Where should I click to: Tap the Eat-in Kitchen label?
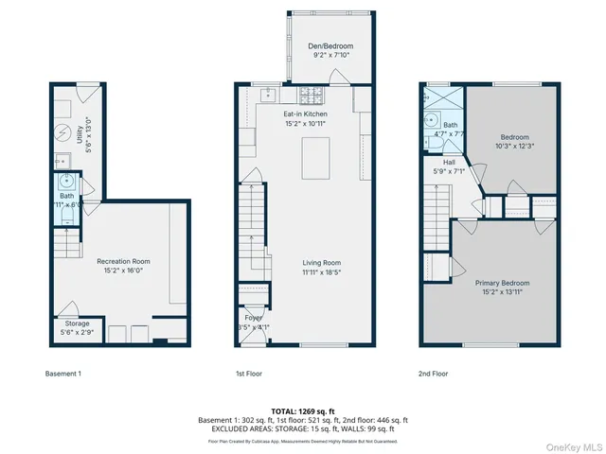[x=306, y=113]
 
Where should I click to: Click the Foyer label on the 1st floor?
[x=254, y=319]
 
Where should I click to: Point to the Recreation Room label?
[x=123, y=261]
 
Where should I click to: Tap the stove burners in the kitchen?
[x=312, y=95]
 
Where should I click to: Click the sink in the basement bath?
[x=68, y=182]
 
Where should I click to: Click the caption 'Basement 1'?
[x=64, y=374]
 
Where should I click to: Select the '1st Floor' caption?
[x=249, y=374]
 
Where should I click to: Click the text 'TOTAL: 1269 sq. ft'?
[x=302, y=412]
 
